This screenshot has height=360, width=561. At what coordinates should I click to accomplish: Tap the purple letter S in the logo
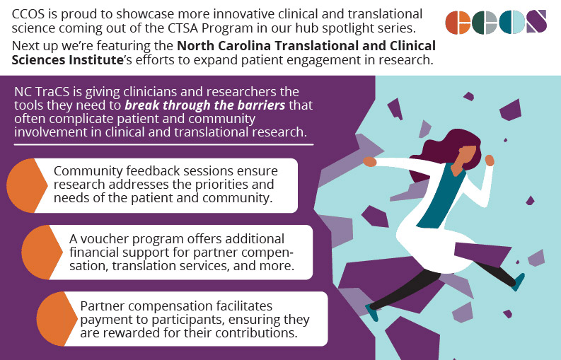tap(536, 22)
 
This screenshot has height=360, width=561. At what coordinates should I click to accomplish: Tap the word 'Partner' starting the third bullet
tap(101, 306)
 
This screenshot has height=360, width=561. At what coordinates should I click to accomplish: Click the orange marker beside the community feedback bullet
tap(28, 185)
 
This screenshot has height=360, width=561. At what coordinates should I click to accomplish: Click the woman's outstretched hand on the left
tap(369, 161)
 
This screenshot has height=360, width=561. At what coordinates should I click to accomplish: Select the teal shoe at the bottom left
tap(371, 312)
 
